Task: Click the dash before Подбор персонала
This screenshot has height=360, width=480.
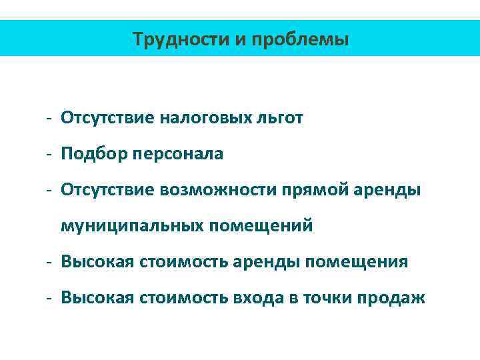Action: point(50,155)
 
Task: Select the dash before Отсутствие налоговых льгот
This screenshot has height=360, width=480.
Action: point(50,119)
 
